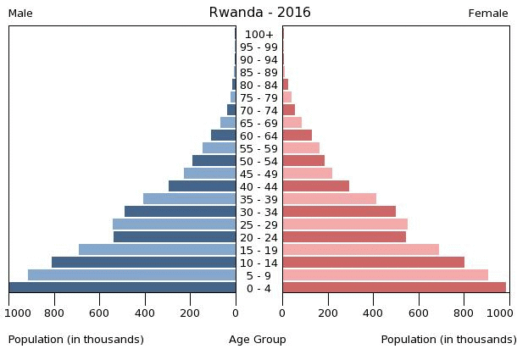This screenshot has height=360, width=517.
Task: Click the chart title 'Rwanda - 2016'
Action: coord(259,13)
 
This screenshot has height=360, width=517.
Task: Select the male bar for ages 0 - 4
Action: coord(123,288)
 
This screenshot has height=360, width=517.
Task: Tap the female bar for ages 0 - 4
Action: coord(394,288)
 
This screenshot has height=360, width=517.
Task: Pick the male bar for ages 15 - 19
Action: coord(157,250)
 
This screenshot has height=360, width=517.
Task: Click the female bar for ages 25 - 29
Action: coord(345,224)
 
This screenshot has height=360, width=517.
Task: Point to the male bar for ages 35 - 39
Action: coord(189,199)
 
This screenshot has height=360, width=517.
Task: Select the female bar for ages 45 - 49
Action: coord(307,174)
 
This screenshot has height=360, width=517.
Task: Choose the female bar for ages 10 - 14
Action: coord(373,263)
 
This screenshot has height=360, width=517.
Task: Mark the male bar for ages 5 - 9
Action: coord(131,275)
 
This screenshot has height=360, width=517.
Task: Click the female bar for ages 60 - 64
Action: coord(297,136)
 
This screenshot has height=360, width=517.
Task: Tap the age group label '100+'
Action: coord(258,35)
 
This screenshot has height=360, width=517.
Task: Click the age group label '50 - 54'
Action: coord(258,162)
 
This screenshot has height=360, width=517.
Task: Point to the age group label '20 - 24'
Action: coord(258,238)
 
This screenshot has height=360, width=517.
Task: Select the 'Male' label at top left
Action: coord(20,14)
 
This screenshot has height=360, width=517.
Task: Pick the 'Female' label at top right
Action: coord(488,14)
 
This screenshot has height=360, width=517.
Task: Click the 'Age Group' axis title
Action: coord(258,340)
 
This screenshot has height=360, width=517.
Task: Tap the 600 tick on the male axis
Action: coord(99,313)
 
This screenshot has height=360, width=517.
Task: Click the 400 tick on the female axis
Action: coord(373,313)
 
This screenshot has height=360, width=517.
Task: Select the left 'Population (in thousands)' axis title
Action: coord(76,340)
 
